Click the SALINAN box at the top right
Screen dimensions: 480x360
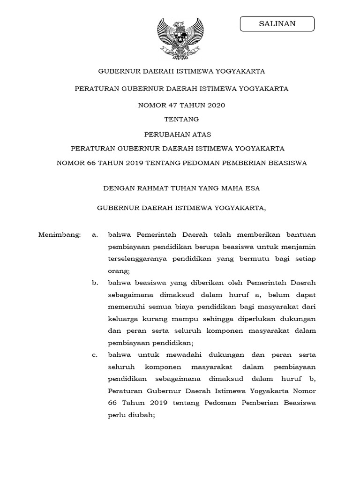click(277, 23)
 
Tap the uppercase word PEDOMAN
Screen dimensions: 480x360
click(221, 163)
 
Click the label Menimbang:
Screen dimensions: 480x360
click(60, 234)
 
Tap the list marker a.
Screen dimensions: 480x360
click(95, 234)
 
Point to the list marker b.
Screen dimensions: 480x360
click(95, 283)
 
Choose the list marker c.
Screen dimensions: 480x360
click(95, 355)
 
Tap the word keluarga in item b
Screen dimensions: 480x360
click(121, 319)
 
